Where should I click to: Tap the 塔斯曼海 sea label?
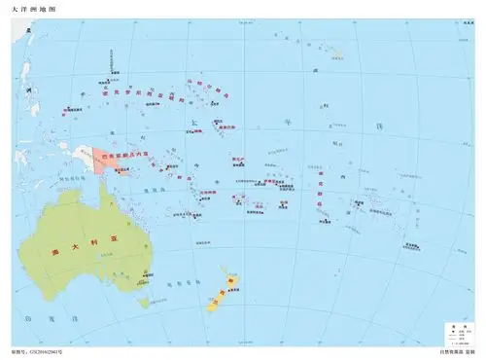coord(176,283)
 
